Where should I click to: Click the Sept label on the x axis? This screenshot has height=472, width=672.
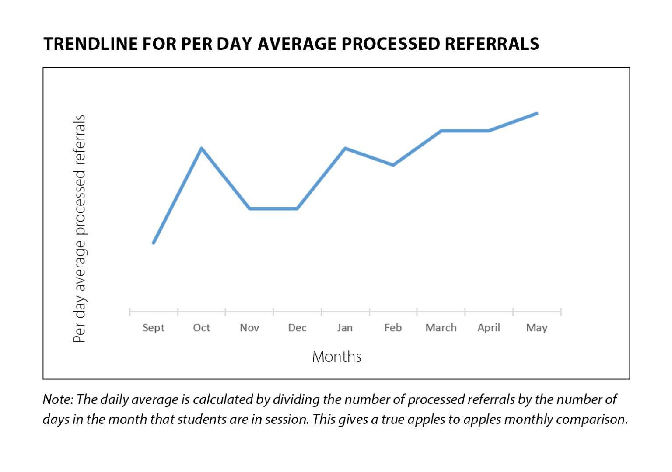tap(154, 328)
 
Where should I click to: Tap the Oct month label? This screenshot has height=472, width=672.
tap(201, 328)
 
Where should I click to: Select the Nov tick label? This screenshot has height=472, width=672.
tap(249, 328)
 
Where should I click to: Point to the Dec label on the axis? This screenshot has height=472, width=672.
tap(297, 328)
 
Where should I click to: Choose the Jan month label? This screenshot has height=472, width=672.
tap(345, 328)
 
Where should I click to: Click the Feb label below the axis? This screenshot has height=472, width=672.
tap(393, 328)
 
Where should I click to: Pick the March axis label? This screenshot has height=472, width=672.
tap(441, 328)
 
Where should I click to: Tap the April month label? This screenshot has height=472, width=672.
tap(489, 328)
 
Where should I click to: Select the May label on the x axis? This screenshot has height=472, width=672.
tap(537, 328)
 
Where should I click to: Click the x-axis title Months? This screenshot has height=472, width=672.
tap(336, 357)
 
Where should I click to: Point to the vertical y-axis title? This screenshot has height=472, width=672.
tap(80, 229)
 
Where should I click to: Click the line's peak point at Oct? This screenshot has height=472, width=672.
tap(201, 148)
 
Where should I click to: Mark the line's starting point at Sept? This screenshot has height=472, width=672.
tap(154, 243)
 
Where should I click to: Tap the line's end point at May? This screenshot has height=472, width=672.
tap(536, 114)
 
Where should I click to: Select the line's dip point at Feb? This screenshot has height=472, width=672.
tap(393, 165)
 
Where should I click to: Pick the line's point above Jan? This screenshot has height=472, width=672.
tap(345, 148)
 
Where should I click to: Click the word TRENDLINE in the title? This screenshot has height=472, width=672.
tap(90, 44)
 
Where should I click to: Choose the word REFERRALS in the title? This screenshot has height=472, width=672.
tap(492, 44)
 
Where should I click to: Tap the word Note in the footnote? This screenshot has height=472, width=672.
tap(58, 399)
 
